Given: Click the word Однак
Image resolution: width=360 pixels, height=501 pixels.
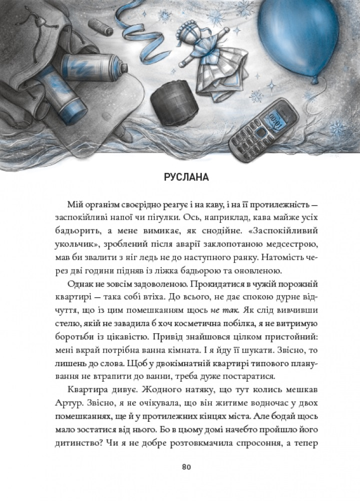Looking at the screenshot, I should [80, 284].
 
